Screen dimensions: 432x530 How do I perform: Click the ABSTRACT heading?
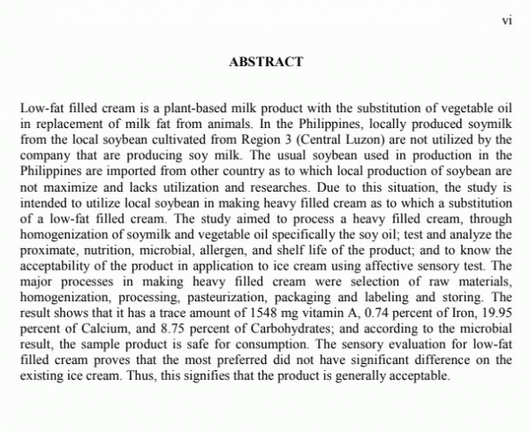click(x=265, y=62)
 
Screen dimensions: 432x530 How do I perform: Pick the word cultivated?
click(x=203, y=139)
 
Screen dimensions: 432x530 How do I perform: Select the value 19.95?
click(x=496, y=314)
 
